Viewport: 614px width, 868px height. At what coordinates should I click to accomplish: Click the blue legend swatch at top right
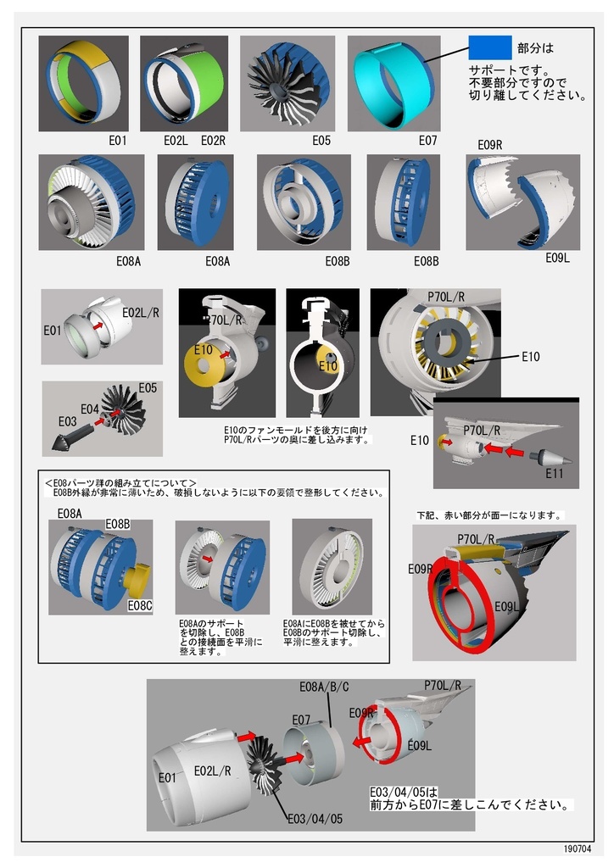tap(489, 47)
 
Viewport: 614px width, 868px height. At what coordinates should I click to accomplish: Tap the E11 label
tap(554, 472)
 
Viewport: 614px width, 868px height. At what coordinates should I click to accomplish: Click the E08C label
tap(140, 606)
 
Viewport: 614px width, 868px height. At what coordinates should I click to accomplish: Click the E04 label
tap(90, 409)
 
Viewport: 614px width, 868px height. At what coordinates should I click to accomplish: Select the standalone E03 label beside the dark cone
tap(68, 421)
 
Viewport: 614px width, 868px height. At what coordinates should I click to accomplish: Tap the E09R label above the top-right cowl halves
tap(490, 145)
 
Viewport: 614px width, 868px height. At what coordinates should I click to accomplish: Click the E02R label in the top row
tap(213, 141)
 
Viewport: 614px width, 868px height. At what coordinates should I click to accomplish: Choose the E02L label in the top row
tap(176, 141)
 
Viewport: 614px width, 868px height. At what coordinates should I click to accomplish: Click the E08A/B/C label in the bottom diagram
tap(324, 687)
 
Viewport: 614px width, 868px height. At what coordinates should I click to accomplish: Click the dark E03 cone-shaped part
tap(69, 438)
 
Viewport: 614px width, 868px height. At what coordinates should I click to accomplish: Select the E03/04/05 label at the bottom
tap(315, 818)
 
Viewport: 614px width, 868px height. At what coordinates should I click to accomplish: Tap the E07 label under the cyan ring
tap(427, 141)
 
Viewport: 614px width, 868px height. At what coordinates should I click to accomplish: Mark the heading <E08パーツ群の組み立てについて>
tap(120, 481)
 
